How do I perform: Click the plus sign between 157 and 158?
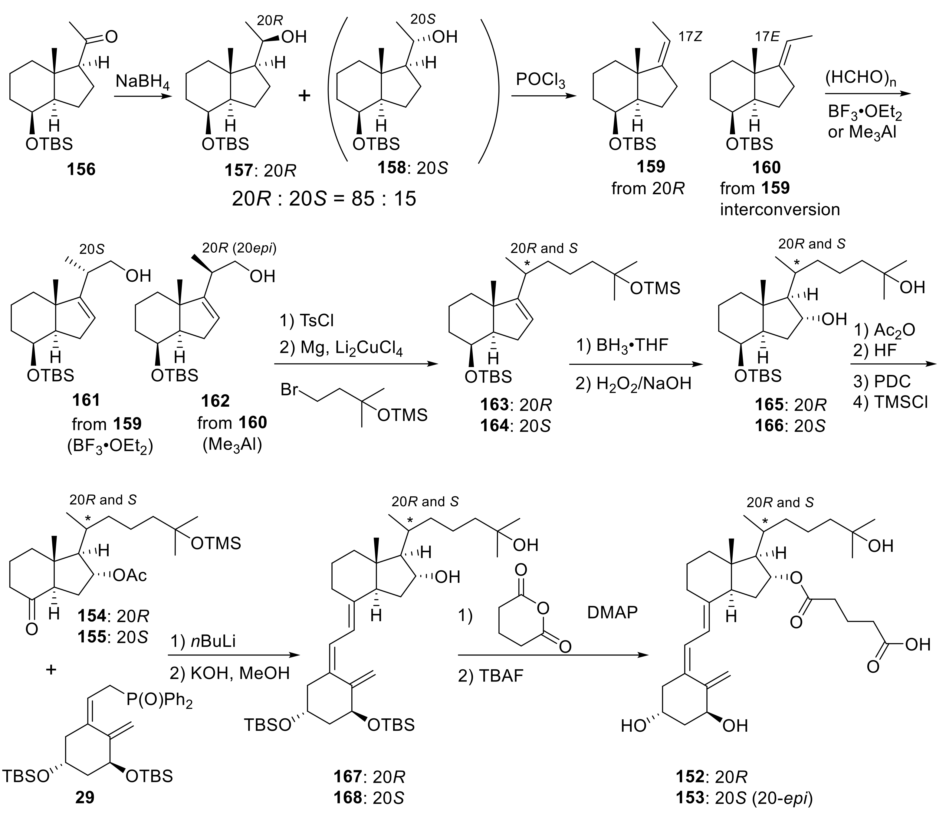(x=304, y=96)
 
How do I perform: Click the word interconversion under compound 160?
(x=780, y=209)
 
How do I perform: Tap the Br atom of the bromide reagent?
(x=289, y=389)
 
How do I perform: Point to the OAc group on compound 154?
(x=130, y=576)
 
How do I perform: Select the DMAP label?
(x=612, y=612)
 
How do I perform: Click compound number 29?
(x=85, y=796)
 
